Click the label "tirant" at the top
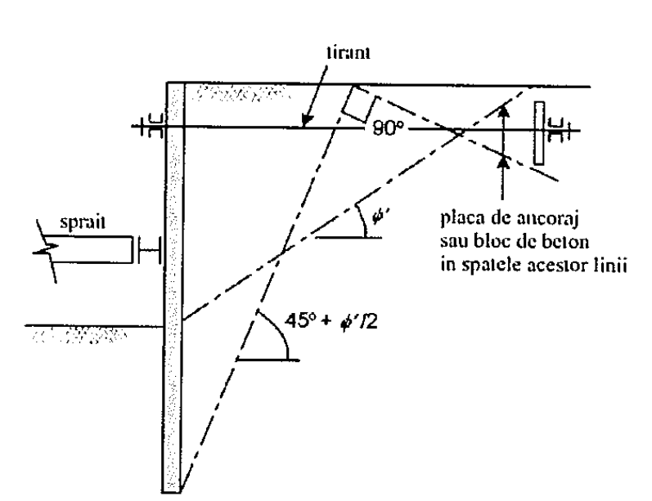click(348, 53)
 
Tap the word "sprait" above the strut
click(83, 221)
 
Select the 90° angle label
click(388, 129)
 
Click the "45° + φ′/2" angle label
click(331, 321)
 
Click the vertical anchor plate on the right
click(539, 133)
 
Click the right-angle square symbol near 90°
click(361, 104)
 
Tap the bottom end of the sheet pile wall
click(171, 492)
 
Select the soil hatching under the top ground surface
click(241, 92)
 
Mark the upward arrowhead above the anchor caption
click(504, 110)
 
